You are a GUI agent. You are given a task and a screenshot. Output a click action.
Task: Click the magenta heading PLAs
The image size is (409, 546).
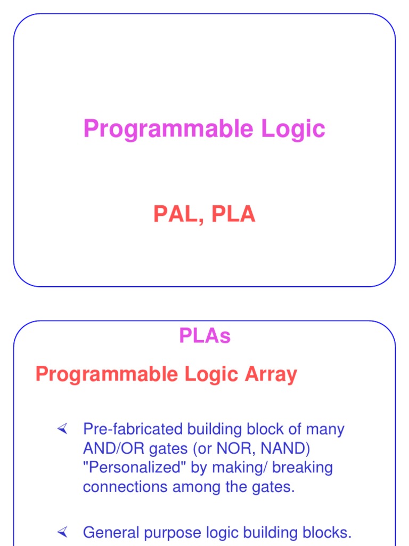click(x=204, y=336)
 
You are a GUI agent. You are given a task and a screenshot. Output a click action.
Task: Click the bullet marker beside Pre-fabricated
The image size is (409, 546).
click(x=63, y=429)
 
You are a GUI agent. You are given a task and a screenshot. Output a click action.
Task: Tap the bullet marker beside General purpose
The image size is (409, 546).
click(x=63, y=532)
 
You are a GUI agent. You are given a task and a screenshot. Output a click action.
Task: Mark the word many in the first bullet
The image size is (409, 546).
click(x=326, y=429)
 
